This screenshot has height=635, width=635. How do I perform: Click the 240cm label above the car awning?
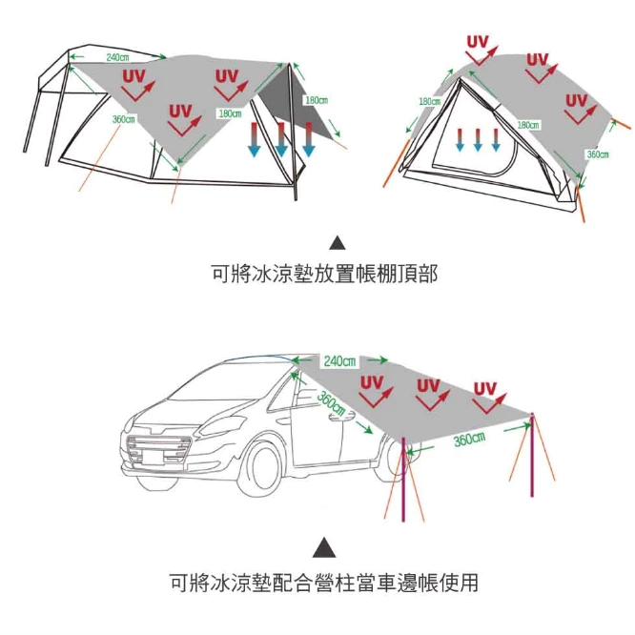click(339, 361)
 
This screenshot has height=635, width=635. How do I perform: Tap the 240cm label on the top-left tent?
click(118, 58)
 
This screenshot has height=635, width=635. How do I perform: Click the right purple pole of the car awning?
click(532, 467)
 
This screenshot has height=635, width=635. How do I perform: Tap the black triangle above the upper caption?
click(337, 242)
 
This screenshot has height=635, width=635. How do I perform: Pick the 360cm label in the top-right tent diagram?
click(597, 154)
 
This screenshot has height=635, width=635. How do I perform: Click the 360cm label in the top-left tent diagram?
click(123, 119)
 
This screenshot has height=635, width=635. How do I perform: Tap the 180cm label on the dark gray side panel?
click(317, 100)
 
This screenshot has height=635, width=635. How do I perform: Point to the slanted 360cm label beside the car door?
click(332, 402)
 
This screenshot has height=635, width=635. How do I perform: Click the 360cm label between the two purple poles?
click(469, 439)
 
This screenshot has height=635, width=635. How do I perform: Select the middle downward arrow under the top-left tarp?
click(281, 138)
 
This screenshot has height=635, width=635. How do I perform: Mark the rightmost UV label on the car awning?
click(485, 388)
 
